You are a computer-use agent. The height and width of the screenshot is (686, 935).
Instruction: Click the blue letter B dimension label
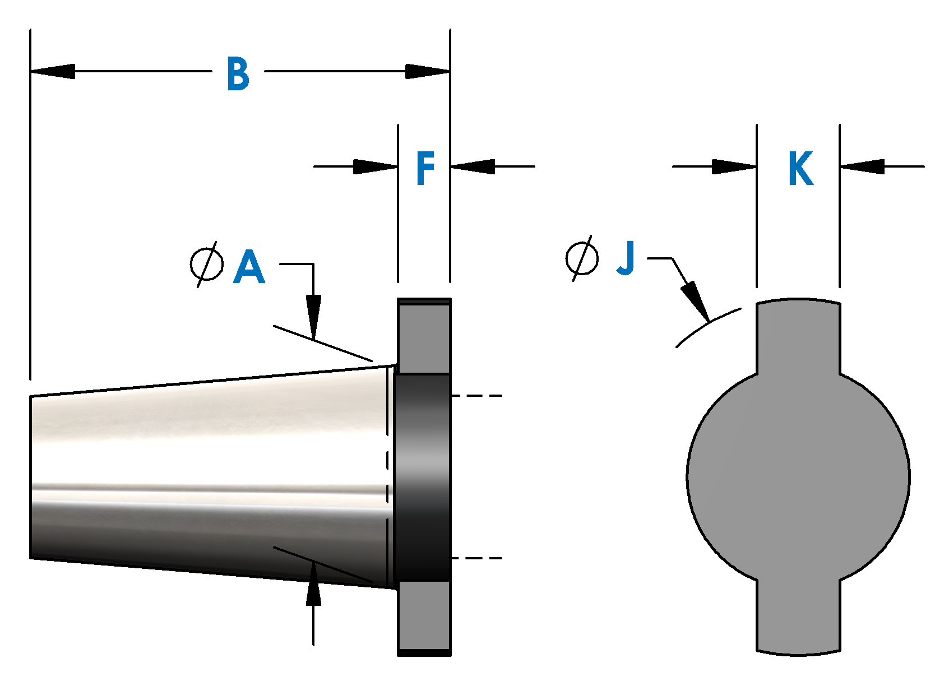pos(238,73)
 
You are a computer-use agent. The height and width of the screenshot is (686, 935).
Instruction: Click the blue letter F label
pos(425,168)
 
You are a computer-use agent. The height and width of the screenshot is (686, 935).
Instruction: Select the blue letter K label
pos(800,168)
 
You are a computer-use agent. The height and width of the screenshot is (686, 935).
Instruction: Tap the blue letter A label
pos(249,267)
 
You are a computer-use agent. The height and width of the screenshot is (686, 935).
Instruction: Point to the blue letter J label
pos(626,258)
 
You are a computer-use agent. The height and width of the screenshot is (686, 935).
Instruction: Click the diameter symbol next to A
pos(206,265)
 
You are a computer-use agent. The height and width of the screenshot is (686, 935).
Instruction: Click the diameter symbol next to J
pos(582,258)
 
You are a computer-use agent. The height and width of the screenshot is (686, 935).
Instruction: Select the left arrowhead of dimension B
pos(53,71)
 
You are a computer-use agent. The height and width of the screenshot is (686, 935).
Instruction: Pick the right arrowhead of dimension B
pos(427,71)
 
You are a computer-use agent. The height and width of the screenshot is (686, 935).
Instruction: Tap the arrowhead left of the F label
pos(376,166)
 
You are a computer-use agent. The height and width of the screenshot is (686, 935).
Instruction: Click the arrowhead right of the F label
pos(473,166)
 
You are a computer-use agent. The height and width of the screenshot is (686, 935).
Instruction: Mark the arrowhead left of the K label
pos(734,166)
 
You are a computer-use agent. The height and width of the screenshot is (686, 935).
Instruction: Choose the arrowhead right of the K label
pos(862,166)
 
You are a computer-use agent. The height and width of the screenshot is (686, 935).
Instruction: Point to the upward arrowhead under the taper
pos(313,584)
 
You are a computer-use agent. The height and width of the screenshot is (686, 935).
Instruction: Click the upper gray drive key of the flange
pos(424,336)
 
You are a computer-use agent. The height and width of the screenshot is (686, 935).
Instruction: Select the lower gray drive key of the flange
pos(424,617)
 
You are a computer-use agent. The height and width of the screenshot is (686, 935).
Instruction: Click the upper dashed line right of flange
pos(476,396)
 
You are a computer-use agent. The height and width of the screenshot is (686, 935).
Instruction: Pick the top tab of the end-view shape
pos(798,336)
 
